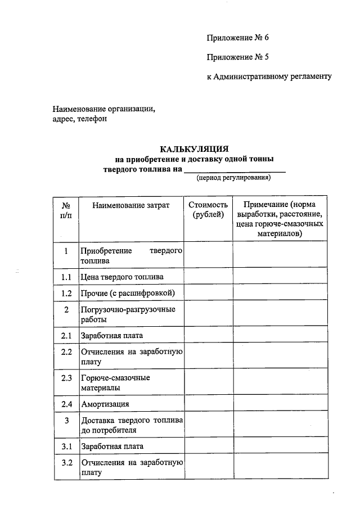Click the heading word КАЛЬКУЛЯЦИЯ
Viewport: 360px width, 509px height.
pyautogui.click(x=194, y=149)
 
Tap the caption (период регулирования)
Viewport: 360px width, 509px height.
pyautogui.click(x=233, y=178)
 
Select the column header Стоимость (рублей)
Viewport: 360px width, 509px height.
pyautogui.click(x=208, y=210)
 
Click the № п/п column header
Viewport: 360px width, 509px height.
pyautogui.click(x=66, y=210)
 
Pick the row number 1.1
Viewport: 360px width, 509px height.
pyautogui.click(x=66, y=277)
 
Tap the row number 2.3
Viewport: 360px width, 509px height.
pyautogui.click(x=66, y=378)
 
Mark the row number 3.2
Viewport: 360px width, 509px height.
pyautogui.click(x=66, y=463)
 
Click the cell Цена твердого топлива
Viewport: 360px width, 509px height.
pyautogui.click(x=123, y=277)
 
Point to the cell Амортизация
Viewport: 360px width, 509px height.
pyautogui.click(x=105, y=404)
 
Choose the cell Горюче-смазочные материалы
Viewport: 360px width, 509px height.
pyautogui.click(x=116, y=383)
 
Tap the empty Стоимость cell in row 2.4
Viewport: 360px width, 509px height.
pyautogui.click(x=208, y=404)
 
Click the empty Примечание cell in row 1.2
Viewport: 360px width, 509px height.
pyautogui.click(x=280, y=293)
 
